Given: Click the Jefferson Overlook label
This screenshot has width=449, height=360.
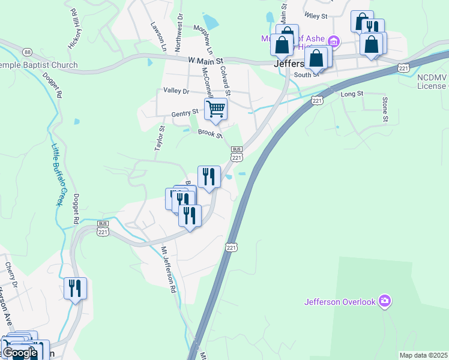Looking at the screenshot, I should [x=340, y=302].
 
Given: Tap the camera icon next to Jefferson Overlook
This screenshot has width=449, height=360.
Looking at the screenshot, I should [x=385, y=301].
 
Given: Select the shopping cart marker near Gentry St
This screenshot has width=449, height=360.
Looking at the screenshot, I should [x=215, y=109].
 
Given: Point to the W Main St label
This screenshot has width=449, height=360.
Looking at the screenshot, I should [x=205, y=61].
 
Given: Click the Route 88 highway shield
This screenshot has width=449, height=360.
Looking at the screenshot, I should [x=28, y=53].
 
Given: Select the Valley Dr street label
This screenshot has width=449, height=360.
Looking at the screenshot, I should [x=176, y=91].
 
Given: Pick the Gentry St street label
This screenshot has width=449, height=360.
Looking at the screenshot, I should [x=184, y=112].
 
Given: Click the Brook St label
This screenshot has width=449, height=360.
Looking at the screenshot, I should [x=210, y=135].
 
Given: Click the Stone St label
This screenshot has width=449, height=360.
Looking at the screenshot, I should [x=385, y=108].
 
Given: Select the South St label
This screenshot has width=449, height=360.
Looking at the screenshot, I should [x=307, y=75].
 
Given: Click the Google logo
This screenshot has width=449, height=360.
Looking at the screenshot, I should [x=20, y=353].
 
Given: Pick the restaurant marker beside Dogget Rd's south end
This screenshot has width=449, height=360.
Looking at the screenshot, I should [x=75, y=289].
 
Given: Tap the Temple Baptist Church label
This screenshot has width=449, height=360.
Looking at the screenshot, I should [x=38, y=65].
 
